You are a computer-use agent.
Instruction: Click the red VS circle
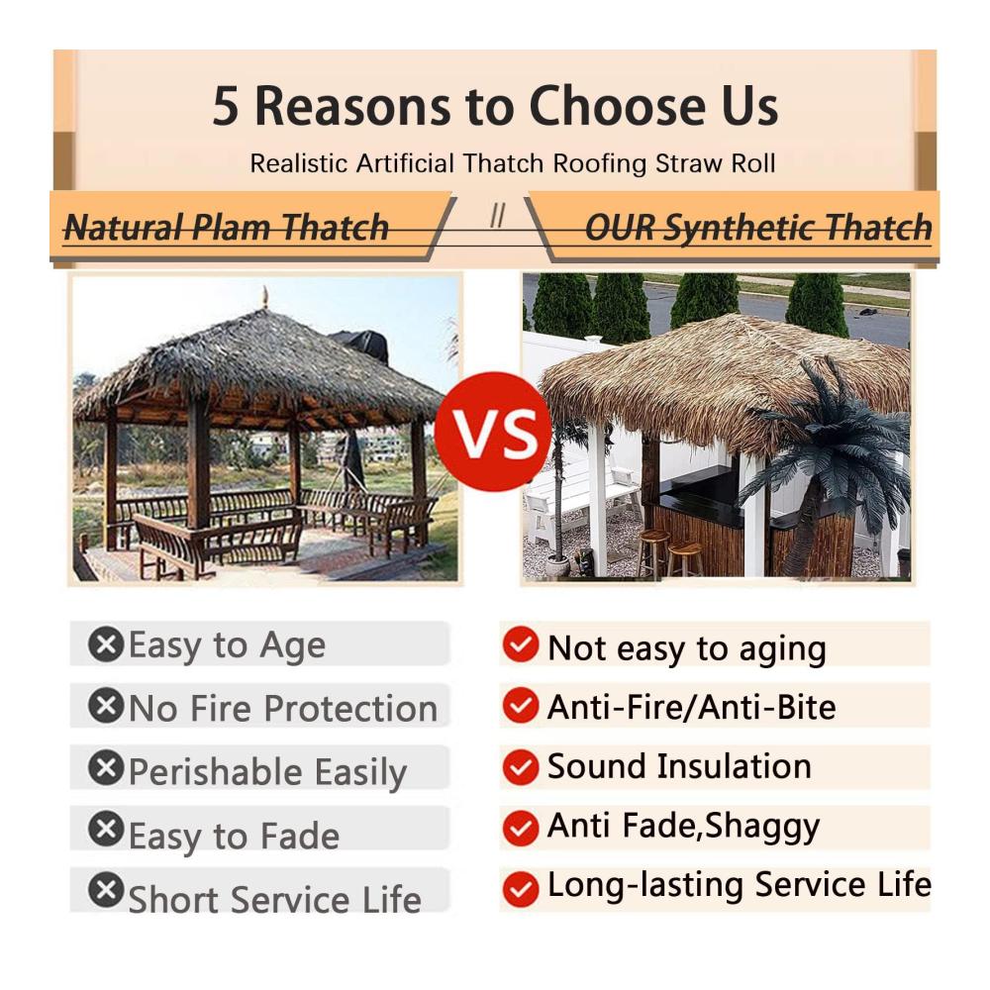click(x=493, y=432)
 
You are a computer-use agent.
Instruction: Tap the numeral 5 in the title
click(x=226, y=106)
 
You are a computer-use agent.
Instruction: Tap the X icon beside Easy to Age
click(x=106, y=644)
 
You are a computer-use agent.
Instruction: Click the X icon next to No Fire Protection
click(x=106, y=705)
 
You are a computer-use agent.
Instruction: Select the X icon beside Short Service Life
click(x=106, y=890)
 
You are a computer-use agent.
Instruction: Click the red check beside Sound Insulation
click(x=521, y=767)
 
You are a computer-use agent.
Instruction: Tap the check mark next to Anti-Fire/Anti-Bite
click(x=521, y=706)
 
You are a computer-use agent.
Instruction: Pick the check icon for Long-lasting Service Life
click(x=521, y=890)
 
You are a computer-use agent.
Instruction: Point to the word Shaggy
click(x=762, y=827)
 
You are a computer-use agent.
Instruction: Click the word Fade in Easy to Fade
click(x=300, y=836)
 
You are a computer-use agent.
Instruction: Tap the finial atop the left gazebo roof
click(x=265, y=296)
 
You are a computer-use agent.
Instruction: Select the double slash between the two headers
click(x=498, y=216)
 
